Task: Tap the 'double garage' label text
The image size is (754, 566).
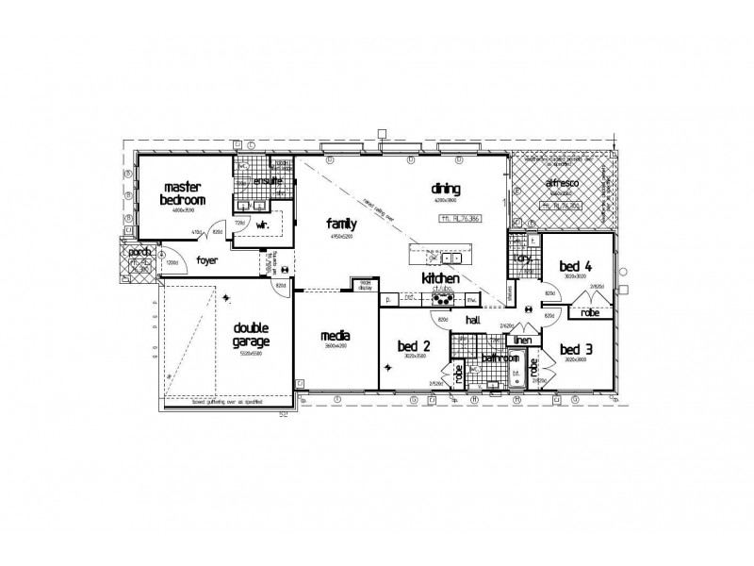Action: click(x=253, y=336)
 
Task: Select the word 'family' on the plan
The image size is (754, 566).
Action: click(x=341, y=224)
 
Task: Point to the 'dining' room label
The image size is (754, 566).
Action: click(x=445, y=188)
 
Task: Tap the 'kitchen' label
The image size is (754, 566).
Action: click(x=440, y=279)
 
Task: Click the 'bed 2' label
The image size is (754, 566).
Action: click(x=414, y=344)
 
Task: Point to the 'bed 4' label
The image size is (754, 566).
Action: click(x=574, y=266)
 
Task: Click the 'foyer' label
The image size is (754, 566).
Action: click(x=208, y=259)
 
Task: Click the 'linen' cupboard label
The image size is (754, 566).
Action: click(x=524, y=340)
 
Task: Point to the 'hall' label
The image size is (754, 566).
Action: click(x=472, y=321)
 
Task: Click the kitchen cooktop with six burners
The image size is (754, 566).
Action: click(x=441, y=299)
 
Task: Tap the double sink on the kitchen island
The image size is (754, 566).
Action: click(x=444, y=257)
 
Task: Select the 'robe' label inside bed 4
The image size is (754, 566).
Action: click(x=590, y=312)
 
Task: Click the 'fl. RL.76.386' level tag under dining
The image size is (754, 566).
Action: click(x=460, y=218)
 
